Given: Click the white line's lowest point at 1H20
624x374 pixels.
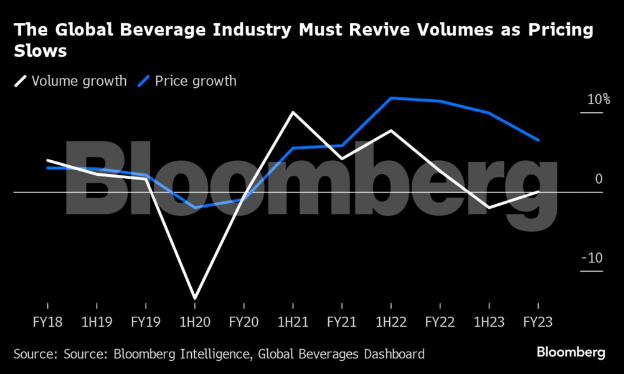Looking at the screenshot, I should click(x=195, y=298).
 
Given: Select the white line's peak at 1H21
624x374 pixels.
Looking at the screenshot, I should click(x=293, y=112).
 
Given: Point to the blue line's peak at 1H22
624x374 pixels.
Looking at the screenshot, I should click(x=391, y=98).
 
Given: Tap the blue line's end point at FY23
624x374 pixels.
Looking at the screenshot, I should click(x=539, y=140).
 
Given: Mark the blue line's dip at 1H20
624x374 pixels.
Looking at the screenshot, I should click(x=195, y=207).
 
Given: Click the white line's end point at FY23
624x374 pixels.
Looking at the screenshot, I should click(x=539, y=191).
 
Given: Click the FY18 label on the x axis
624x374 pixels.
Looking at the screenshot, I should click(x=47, y=324).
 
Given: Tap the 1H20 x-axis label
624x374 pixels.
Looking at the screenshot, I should click(x=195, y=324).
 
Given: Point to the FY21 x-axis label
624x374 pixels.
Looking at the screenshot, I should click(x=342, y=324).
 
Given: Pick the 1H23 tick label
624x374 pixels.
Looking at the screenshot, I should click(x=489, y=324).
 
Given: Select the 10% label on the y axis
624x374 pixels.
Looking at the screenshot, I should click(x=598, y=100).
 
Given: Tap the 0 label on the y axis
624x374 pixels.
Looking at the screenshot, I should click(x=599, y=179).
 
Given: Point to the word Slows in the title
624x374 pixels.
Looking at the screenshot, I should click(x=40, y=51).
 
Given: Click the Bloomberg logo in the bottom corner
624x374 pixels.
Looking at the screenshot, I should click(x=570, y=353).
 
